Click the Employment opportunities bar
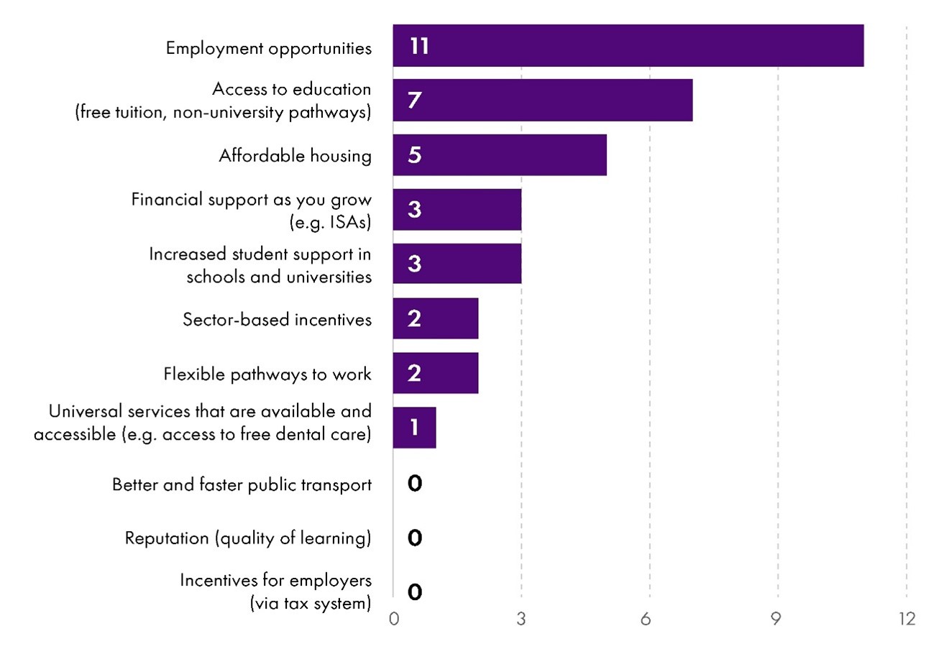click(x=628, y=46)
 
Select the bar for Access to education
click(x=542, y=100)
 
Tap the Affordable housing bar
click(x=499, y=155)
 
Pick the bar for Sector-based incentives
click(x=435, y=318)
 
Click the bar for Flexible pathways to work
click(x=435, y=373)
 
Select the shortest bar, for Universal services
click(x=414, y=428)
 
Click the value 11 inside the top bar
click(x=419, y=47)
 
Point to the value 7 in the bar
click(x=414, y=101)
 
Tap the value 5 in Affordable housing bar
click(x=414, y=155)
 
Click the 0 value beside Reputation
click(x=414, y=538)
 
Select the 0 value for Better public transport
click(x=414, y=484)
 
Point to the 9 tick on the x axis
click(x=777, y=619)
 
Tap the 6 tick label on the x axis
click(x=649, y=619)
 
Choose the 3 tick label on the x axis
click(x=521, y=619)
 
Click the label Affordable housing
click(x=295, y=156)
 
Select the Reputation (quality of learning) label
click(x=248, y=538)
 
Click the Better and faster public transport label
click(x=242, y=484)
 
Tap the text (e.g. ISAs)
click(x=330, y=222)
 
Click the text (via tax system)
click(x=310, y=603)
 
